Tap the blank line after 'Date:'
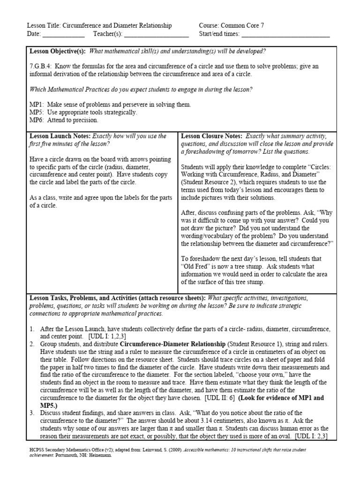click(63, 34)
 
